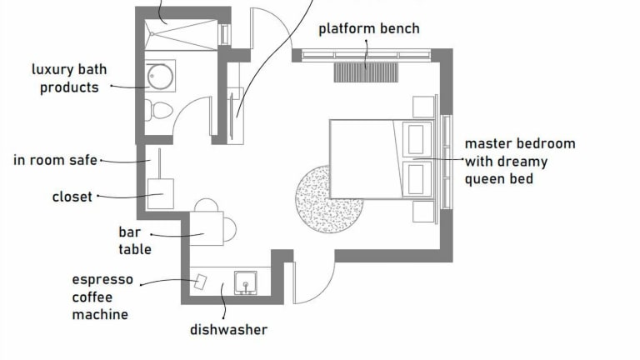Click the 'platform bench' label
point(369,28)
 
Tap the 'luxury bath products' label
point(69,78)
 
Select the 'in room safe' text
point(56,160)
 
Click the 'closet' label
point(72,197)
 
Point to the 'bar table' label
point(135,240)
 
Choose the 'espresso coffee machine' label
point(102,297)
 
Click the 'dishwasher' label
point(229,330)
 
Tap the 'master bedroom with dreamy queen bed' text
point(519,161)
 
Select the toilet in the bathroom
point(159,109)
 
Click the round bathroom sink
point(160,77)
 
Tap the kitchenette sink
point(245,282)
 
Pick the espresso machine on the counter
point(200,282)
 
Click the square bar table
point(207,228)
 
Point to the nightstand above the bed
point(424,107)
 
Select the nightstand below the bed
point(424,212)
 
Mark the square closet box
point(159,193)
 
